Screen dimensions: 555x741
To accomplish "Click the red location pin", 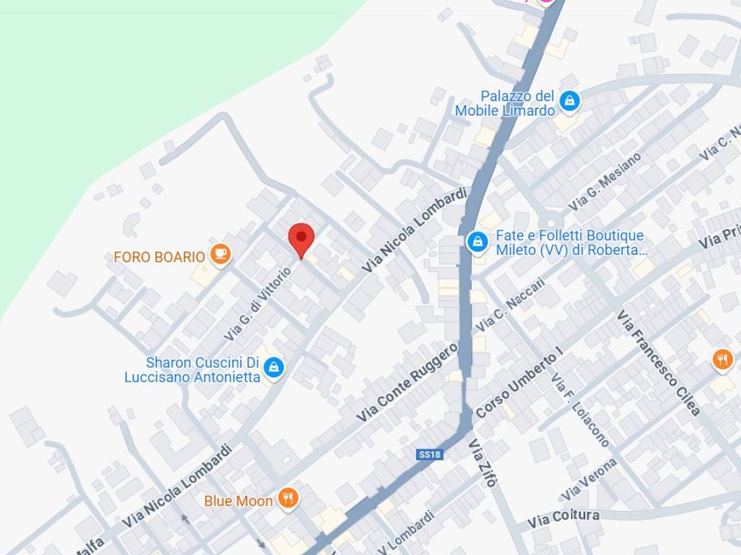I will [301, 238].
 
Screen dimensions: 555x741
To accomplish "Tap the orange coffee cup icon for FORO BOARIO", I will [220, 254].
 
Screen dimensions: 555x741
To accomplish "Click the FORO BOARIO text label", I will [159, 257].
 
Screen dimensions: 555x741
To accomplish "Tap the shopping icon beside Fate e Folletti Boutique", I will [477, 241].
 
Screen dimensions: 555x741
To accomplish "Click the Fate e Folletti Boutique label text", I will [570, 243].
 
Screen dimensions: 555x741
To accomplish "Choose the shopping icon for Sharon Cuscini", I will [274, 367].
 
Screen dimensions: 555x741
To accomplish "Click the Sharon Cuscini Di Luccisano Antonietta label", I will [192, 369].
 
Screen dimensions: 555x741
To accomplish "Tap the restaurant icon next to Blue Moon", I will [288, 498].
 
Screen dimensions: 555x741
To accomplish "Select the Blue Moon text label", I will [238, 501].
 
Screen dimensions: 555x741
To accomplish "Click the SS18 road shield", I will [430, 455].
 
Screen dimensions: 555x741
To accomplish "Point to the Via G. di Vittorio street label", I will [258, 304].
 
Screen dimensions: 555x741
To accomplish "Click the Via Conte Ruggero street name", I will [407, 382].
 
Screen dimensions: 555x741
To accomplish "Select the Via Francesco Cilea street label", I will [658, 363].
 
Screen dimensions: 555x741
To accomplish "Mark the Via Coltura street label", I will [563, 518].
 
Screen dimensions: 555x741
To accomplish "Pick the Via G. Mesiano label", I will [604, 181].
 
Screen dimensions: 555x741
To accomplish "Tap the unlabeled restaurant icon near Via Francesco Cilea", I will [722, 359].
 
